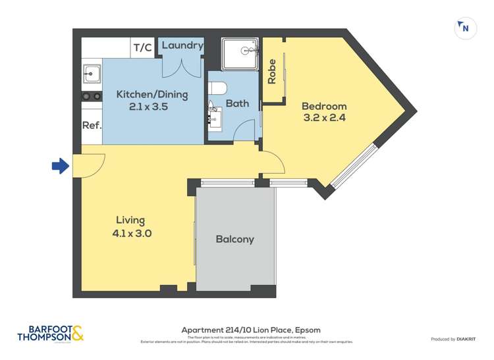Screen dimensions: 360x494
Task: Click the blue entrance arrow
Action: point(60,167)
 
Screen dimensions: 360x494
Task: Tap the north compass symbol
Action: point(465,28)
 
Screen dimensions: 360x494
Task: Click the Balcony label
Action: point(234,240)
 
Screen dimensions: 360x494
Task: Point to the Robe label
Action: point(271,72)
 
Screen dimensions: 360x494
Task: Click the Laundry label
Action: point(182,45)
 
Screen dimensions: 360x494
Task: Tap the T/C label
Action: point(142,47)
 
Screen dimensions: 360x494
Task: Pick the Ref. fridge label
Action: point(91,126)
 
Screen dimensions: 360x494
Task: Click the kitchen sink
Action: point(91,74)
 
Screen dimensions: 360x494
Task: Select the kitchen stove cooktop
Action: point(91,96)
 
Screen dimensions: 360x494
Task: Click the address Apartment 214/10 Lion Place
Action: point(250,330)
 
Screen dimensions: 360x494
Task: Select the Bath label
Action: point(236,103)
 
